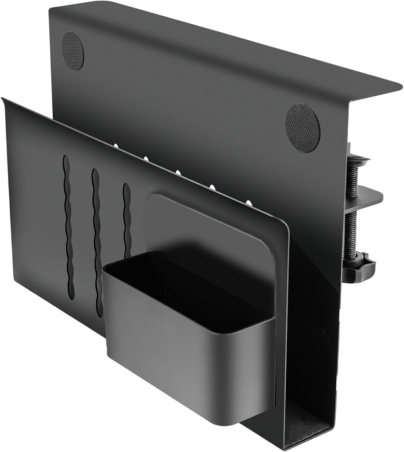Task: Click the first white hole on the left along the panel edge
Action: coord(116,146)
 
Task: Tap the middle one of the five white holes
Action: coord(178,172)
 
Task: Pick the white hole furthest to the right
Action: coord(249,201)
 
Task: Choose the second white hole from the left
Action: coord(146,158)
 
